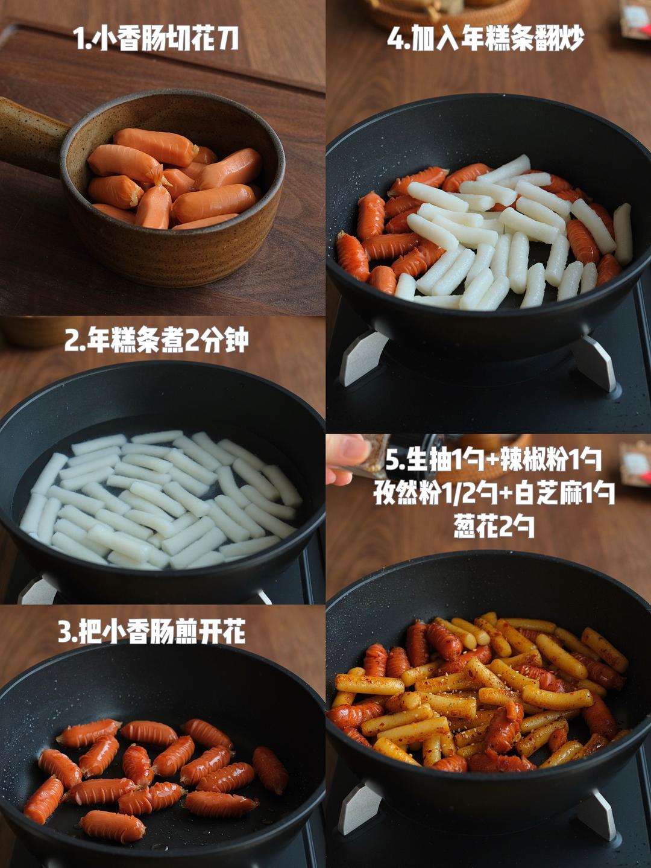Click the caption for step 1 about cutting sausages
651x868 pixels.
click(x=156, y=39)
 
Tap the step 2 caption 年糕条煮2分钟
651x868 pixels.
click(x=156, y=341)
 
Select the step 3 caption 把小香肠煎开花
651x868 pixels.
click(x=151, y=632)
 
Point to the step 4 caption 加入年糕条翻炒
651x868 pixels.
click(x=486, y=39)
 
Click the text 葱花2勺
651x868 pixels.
click(x=494, y=527)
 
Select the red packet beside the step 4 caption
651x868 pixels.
click(x=635, y=18)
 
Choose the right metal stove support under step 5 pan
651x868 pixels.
click(x=596, y=814)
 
